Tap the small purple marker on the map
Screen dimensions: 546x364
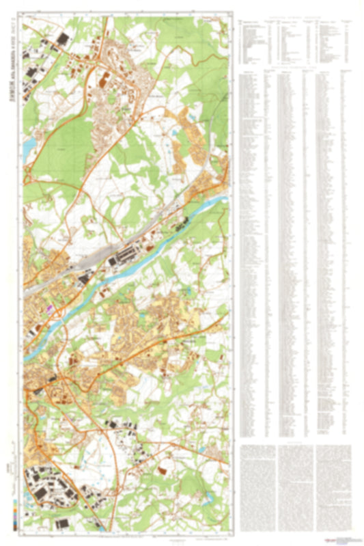tap(48, 308)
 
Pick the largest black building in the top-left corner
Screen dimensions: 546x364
tap(63, 40)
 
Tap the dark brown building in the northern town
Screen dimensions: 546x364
tap(103, 83)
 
